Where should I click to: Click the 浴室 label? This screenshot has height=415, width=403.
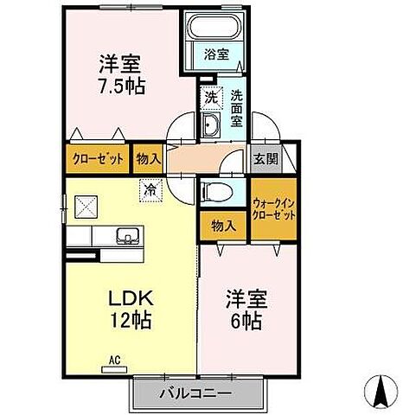click(216, 54)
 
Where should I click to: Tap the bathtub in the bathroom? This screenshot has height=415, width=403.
click(216, 29)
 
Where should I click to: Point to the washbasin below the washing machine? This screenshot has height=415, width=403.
click(210, 128)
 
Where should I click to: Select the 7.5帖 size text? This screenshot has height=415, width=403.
click(120, 86)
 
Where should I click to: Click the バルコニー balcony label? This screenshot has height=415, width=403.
click(195, 394)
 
